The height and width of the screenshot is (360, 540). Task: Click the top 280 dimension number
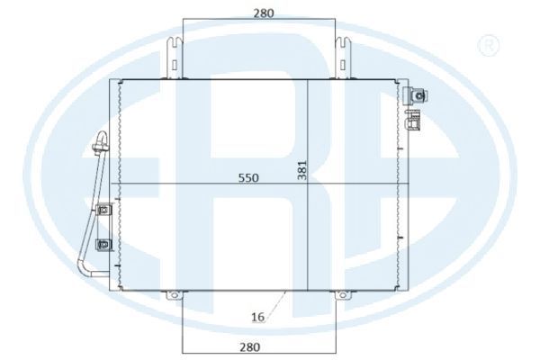(264, 13)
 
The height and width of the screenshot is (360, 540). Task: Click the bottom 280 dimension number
(249, 346)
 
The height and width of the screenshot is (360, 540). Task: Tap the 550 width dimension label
(248, 178)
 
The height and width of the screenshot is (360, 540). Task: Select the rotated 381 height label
(302, 170)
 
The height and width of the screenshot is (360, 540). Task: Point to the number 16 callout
(257, 317)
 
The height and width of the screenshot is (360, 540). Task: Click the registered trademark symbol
(489, 45)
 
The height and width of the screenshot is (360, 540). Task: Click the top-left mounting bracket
(175, 58)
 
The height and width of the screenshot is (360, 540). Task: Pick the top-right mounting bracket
(343, 58)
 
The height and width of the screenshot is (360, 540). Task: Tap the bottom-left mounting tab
(175, 295)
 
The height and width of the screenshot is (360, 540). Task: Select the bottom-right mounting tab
(343, 295)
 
